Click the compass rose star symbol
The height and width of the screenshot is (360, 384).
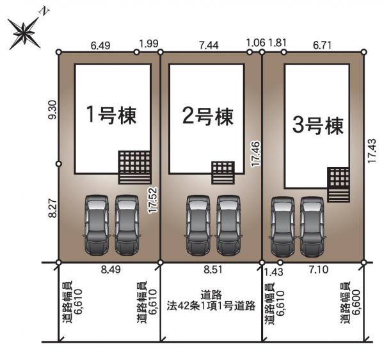[x=24, y=33]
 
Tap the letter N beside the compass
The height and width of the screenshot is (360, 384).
[x=45, y=12]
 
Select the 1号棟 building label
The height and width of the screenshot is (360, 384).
[x=111, y=115]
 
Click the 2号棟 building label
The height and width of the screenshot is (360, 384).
[x=208, y=117]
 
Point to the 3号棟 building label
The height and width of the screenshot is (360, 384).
[x=318, y=126]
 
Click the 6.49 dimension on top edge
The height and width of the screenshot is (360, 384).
[x=100, y=45]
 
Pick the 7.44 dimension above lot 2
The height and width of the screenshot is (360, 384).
[x=209, y=45]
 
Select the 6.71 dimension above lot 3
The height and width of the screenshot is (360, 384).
[x=323, y=45]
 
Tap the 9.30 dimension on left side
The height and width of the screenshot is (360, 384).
[x=52, y=110]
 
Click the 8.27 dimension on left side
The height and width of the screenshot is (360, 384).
[x=52, y=208]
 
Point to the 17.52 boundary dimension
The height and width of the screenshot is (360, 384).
[x=153, y=200]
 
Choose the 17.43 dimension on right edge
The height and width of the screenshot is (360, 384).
[x=372, y=151]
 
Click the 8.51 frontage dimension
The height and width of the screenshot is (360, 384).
[x=213, y=270]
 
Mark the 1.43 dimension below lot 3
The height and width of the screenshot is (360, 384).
[x=273, y=272]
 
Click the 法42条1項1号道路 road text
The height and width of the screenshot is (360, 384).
[x=211, y=306]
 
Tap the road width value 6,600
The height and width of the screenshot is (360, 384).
[x=356, y=302]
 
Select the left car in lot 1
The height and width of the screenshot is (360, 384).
[x=97, y=225]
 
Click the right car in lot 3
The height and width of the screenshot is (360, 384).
[x=312, y=227]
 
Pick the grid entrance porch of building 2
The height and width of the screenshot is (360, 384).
[x=223, y=172]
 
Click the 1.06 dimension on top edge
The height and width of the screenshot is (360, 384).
[x=255, y=43]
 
